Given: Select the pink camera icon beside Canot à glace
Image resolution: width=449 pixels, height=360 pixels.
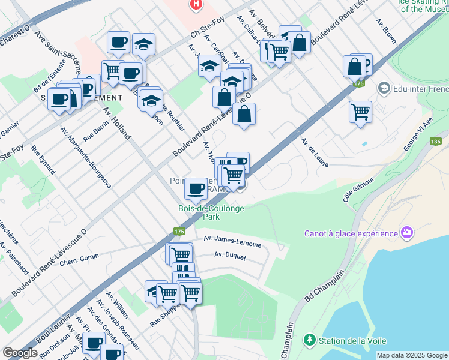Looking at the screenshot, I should (x=407, y=232).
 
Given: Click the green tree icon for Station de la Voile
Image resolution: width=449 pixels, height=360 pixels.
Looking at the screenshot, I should (x=310, y=340).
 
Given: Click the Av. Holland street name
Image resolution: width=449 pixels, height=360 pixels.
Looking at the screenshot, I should (x=116, y=124).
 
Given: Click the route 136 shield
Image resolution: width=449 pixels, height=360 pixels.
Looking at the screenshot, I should (x=436, y=142).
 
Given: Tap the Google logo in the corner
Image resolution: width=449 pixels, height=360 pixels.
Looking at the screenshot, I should (x=20, y=353).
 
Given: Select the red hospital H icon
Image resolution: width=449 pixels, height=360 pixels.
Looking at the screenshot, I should (x=195, y=5).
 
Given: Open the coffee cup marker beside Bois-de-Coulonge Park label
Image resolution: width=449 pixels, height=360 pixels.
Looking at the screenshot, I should (x=196, y=188).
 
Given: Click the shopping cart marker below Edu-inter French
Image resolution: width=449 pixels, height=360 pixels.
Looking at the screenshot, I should (x=360, y=111).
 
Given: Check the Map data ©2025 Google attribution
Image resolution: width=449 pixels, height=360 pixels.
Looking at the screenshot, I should (x=412, y=355).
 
